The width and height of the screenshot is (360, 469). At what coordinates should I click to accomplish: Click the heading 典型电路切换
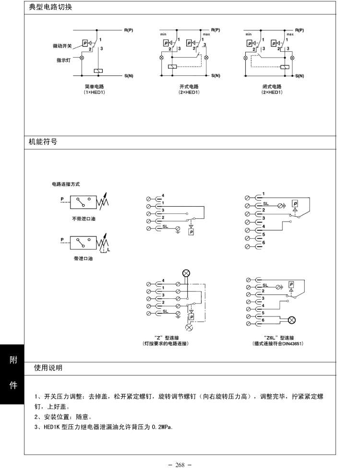click(x=50, y=8)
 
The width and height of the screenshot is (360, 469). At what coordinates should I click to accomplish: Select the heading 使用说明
click(x=48, y=368)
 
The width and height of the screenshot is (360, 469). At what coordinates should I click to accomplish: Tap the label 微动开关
click(x=62, y=46)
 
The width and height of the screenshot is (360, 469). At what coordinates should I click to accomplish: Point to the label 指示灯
click(x=64, y=60)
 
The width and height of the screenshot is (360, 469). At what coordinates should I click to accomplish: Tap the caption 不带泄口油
click(x=84, y=219)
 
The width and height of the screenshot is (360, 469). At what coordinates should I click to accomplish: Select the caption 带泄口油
click(x=83, y=258)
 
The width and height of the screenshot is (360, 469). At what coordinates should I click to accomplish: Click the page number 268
click(x=180, y=465)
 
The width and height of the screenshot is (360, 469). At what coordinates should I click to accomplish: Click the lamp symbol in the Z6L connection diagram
click(x=291, y=320)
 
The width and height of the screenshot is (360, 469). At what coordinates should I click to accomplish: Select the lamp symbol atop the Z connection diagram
click(x=186, y=273)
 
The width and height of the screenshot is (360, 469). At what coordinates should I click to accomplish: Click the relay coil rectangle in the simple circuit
click(x=97, y=71)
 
